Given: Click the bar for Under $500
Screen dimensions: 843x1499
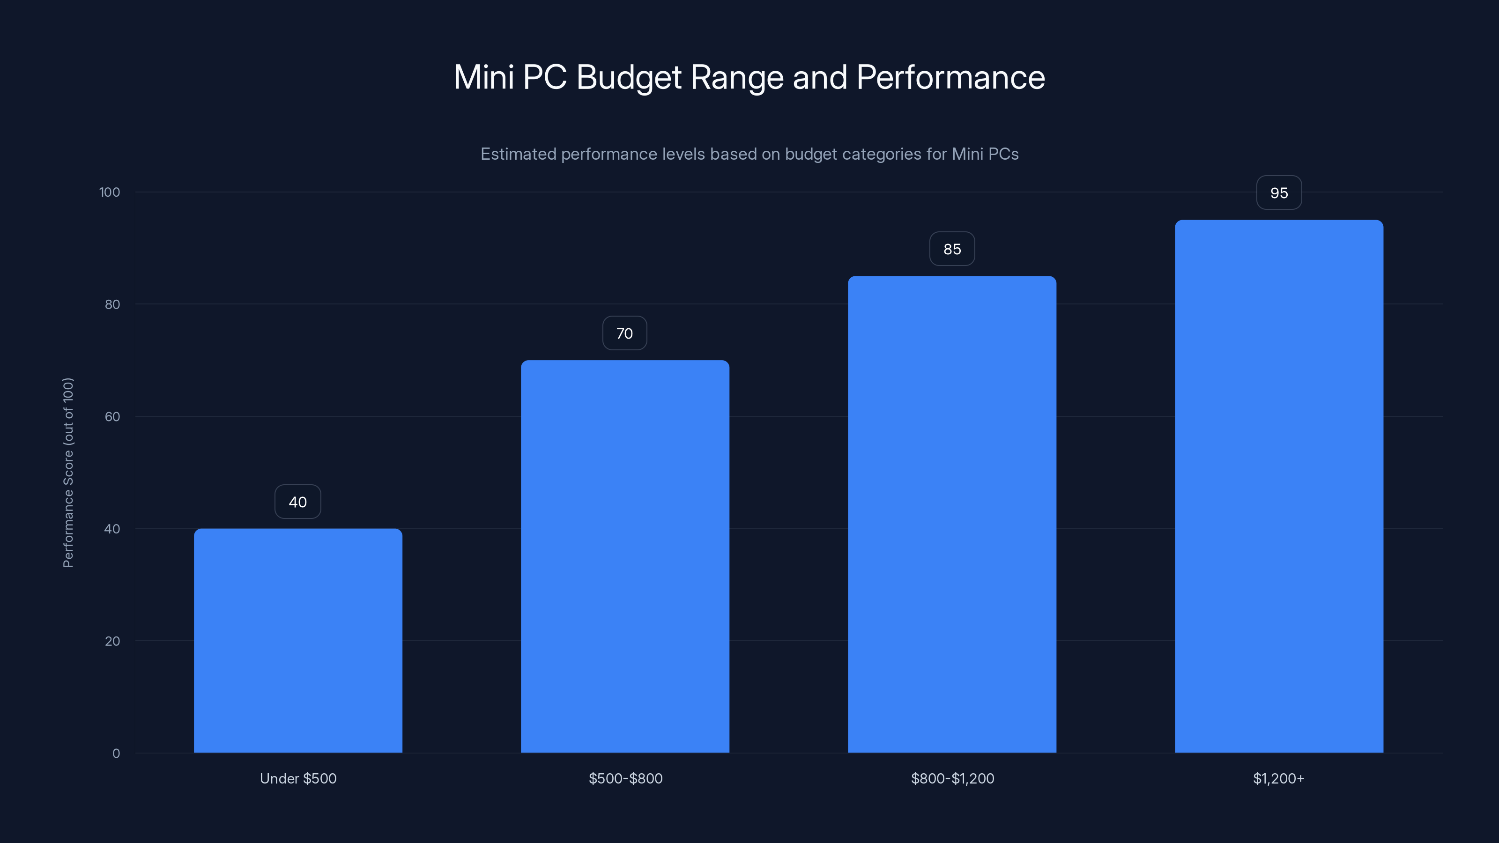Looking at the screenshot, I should pyautogui.click(x=298, y=640).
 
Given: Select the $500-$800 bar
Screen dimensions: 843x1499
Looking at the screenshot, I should pyautogui.click(x=625, y=556).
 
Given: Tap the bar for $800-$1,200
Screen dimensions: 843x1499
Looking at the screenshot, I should pyautogui.click(x=952, y=514).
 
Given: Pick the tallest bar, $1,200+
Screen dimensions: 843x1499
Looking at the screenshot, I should pyautogui.click(x=1279, y=487).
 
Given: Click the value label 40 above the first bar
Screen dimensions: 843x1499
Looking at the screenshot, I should pyautogui.click(x=298, y=502).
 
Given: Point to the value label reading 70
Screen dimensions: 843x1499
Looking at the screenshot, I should pyautogui.click(x=624, y=333).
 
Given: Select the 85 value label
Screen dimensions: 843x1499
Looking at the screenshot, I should pyautogui.click(x=952, y=249).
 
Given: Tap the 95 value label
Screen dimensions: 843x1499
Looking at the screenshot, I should pyautogui.click(x=1279, y=193).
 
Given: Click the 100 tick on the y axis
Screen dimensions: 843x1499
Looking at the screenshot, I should pyautogui.click(x=110, y=192).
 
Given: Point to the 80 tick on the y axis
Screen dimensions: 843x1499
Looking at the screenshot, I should pyautogui.click(x=112, y=305).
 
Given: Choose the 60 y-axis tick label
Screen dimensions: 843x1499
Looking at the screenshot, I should pyautogui.click(x=112, y=416).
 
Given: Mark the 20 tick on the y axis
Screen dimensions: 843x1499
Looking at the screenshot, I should pyautogui.click(x=112, y=641).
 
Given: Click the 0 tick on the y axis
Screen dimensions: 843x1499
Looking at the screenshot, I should pyautogui.click(x=116, y=754).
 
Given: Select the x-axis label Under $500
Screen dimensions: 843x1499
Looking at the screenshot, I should pyautogui.click(x=298, y=778).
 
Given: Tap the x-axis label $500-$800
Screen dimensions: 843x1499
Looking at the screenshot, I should pyautogui.click(x=625, y=778).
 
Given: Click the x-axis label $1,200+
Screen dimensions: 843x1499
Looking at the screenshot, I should pyautogui.click(x=1278, y=778).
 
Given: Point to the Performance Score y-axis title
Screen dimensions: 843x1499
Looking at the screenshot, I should pyautogui.click(x=68, y=473).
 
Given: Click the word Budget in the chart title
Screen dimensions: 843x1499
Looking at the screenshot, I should pyautogui.click(x=629, y=77).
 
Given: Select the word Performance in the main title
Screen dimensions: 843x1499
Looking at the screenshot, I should pyautogui.click(x=950, y=77).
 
